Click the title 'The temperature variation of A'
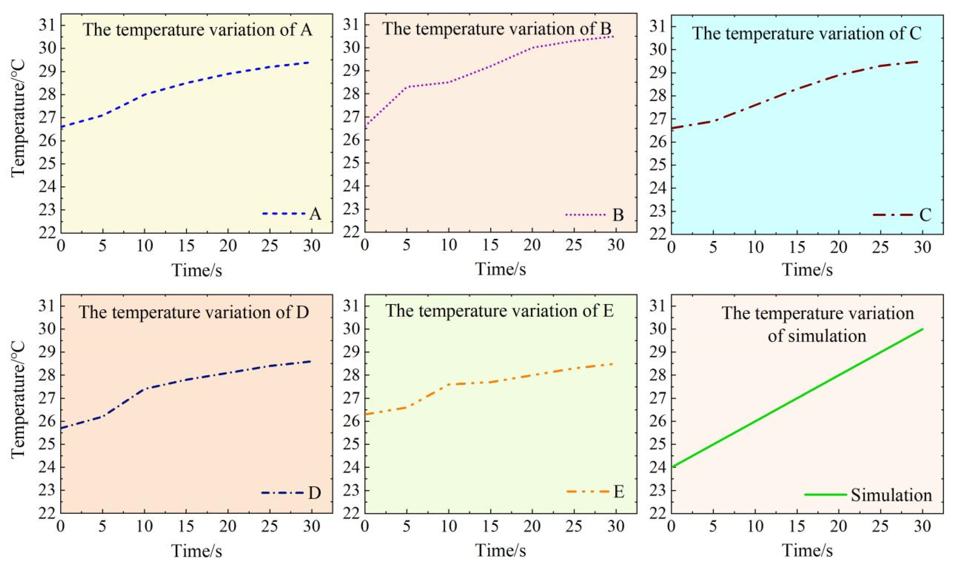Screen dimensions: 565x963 tap(198, 29)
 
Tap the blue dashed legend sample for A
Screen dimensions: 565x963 tap(284, 213)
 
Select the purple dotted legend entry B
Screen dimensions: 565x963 tap(594, 215)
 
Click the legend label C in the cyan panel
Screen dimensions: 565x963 tap(925, 215)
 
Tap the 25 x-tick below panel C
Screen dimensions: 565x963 tap(881, 247)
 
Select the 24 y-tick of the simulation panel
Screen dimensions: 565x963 tap(658, 467)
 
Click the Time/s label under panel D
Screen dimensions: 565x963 tap(197, 551)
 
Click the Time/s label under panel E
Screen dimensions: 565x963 tap(501, 551)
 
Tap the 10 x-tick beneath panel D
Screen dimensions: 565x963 tap(144, 526)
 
